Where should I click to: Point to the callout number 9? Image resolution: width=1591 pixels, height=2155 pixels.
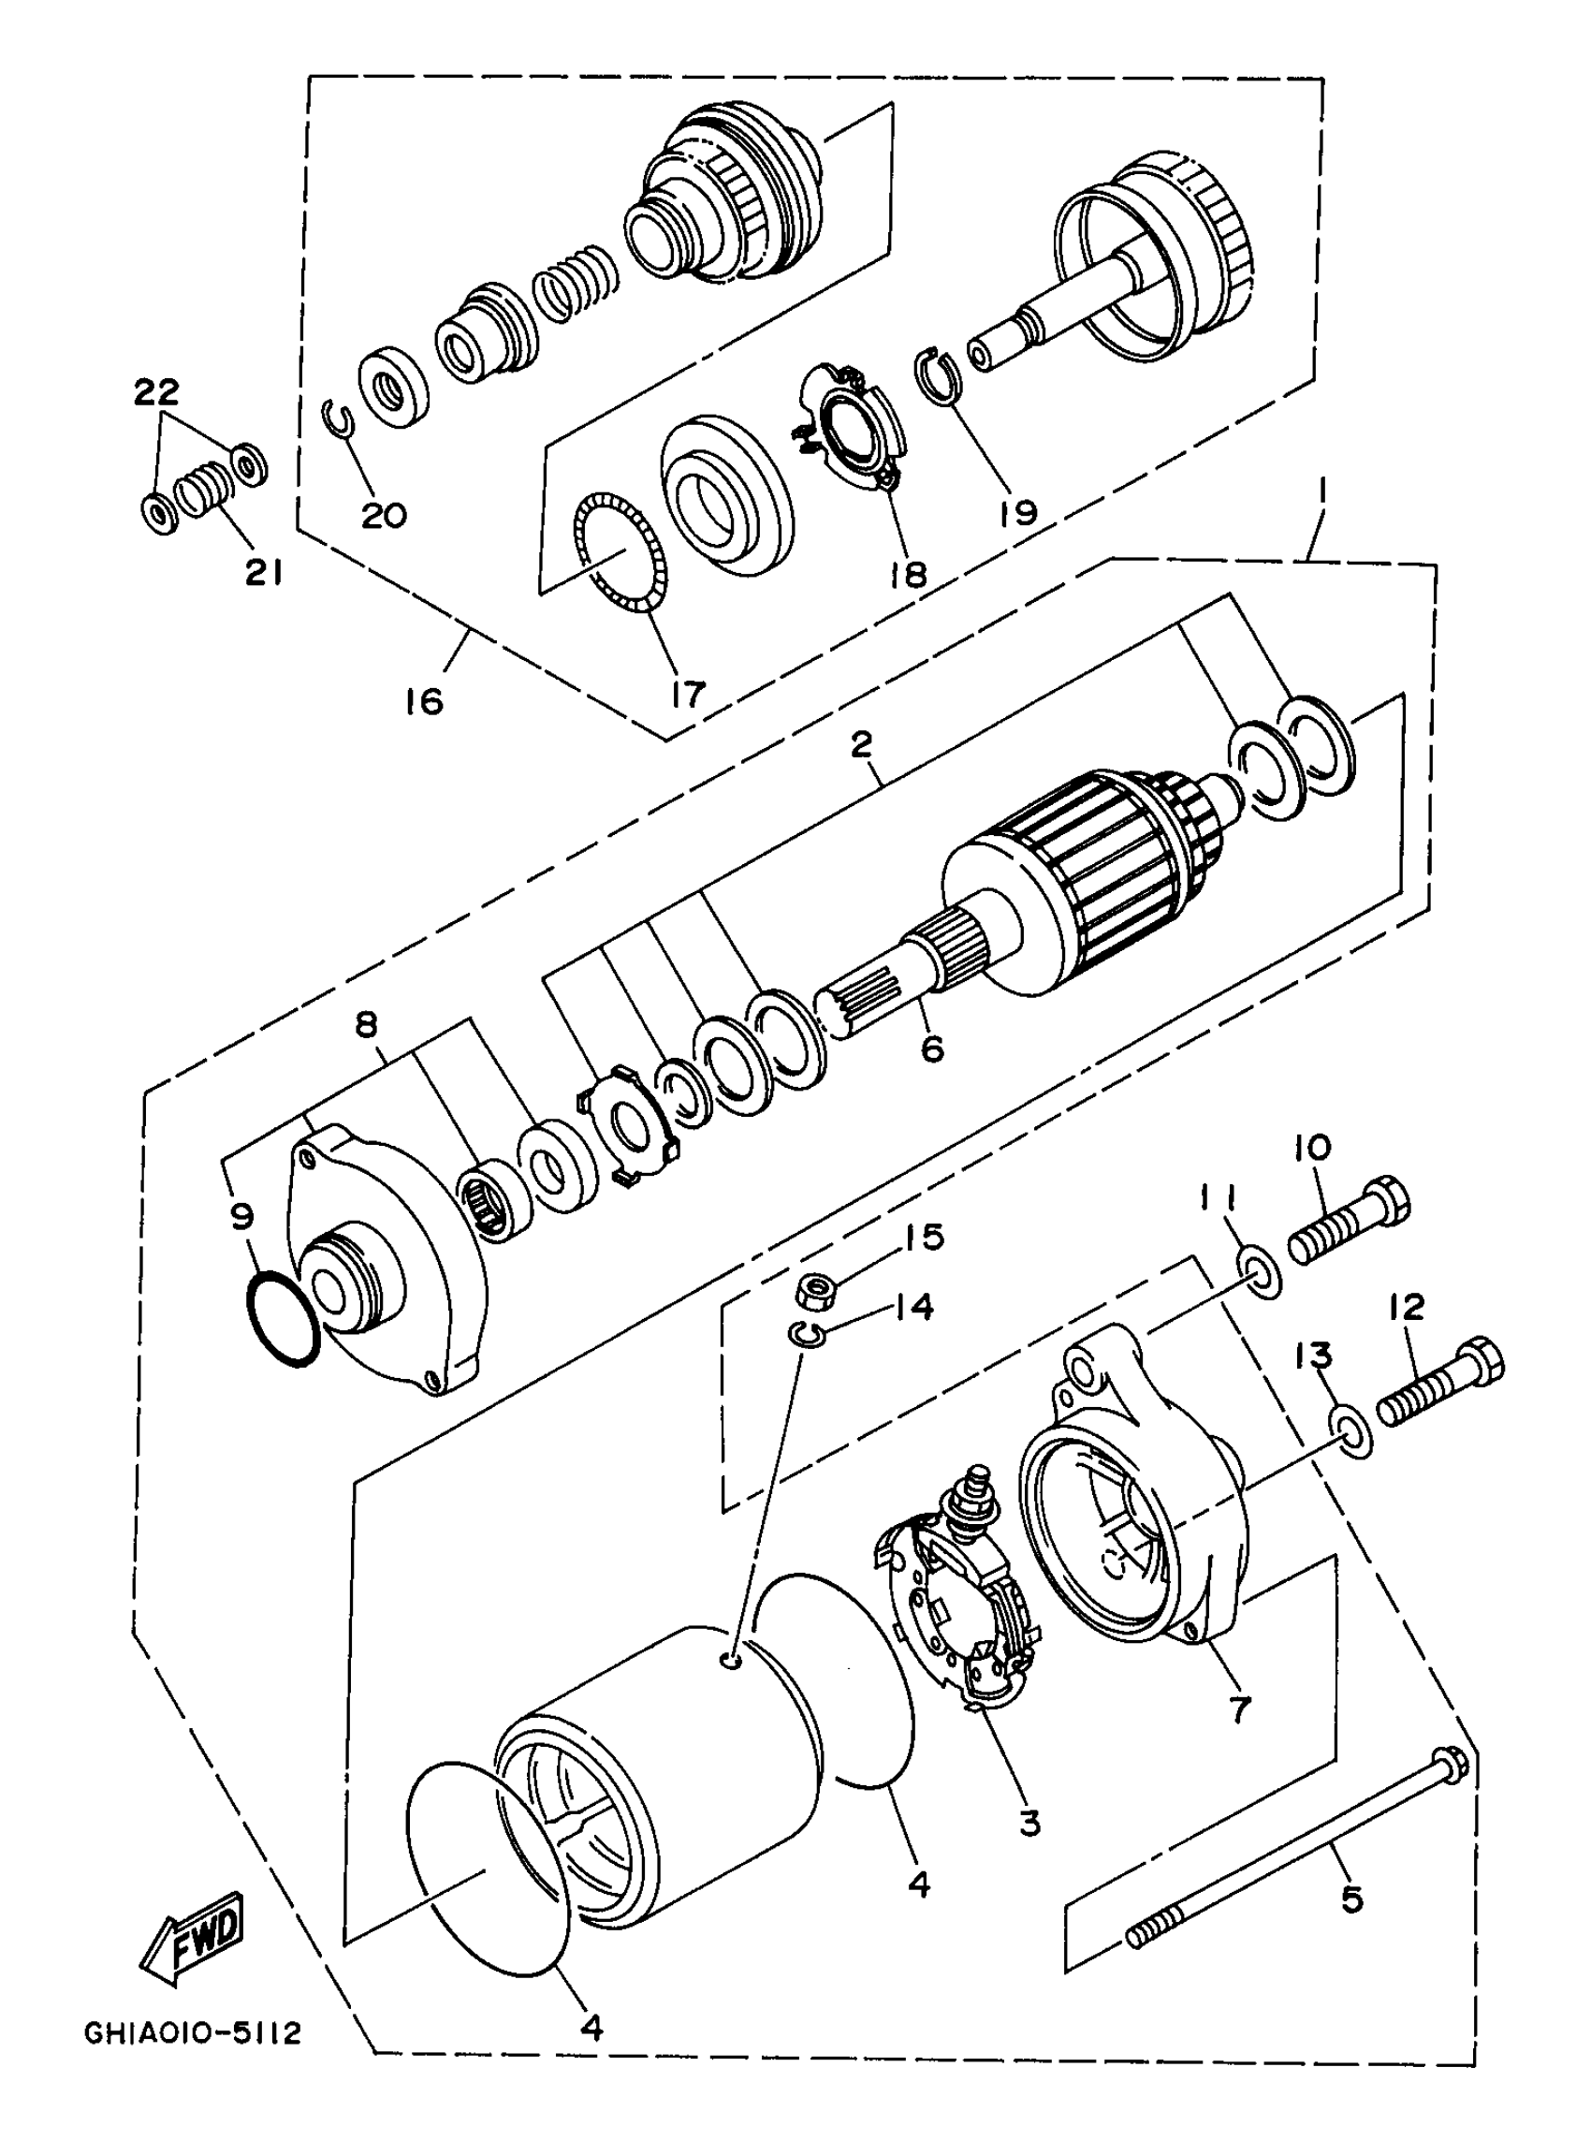tap(242, 1217)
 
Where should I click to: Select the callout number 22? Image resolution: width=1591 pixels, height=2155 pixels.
tap(156, 392)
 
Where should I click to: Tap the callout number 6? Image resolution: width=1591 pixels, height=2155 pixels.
tap(932, 1048)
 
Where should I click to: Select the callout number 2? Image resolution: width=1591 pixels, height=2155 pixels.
tap(861, 742)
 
